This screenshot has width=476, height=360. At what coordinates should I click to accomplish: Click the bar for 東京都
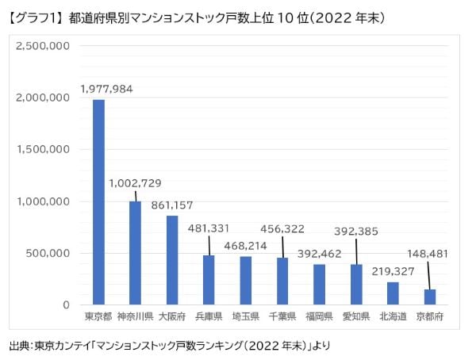click(x=98, y=202)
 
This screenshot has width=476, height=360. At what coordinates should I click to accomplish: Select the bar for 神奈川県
click(x=135, y=253)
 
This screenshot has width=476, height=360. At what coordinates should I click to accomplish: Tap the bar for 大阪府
click(x=172, y=260)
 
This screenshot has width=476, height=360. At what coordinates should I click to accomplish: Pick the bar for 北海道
click(x=393, y=293)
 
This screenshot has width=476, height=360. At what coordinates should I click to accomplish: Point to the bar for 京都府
click(x=429, y=297)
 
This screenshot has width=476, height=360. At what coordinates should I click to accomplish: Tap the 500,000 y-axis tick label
click(x=49, y=254)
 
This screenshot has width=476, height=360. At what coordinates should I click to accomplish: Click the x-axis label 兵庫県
click(x=209, y=318)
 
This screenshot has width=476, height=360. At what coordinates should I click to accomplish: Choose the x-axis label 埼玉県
click(x=246, y=318)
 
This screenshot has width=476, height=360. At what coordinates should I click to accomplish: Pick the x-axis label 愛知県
click(x=356, y=318)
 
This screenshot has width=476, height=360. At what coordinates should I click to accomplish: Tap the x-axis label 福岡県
click(x=320, y=318)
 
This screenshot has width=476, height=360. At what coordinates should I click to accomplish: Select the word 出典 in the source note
click(x=18, y=347)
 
